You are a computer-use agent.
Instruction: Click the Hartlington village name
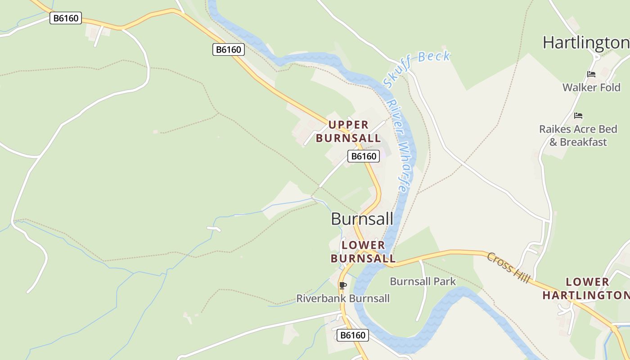pos(585,43)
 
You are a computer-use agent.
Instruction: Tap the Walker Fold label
pos(591,87)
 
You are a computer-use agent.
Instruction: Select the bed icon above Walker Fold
pos(591,74)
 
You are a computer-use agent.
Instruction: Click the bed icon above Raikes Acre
pos(578,116)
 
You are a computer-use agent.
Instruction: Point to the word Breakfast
pos(584,142)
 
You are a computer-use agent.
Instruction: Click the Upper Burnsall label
pos(348,131)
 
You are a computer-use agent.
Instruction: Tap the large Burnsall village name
pos(362,219)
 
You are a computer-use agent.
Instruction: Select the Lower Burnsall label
pos(363,252)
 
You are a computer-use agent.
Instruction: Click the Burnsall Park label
pos(423,282)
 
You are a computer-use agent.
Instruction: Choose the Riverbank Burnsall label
pos(343,298)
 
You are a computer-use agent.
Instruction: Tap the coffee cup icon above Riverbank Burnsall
pos(343,285)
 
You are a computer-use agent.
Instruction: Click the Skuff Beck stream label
pos(416,67)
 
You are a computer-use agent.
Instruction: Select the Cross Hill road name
pos(508,268)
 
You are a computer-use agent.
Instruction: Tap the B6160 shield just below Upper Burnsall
pos(364,156)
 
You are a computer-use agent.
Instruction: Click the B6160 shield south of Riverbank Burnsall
pos(353,335)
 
